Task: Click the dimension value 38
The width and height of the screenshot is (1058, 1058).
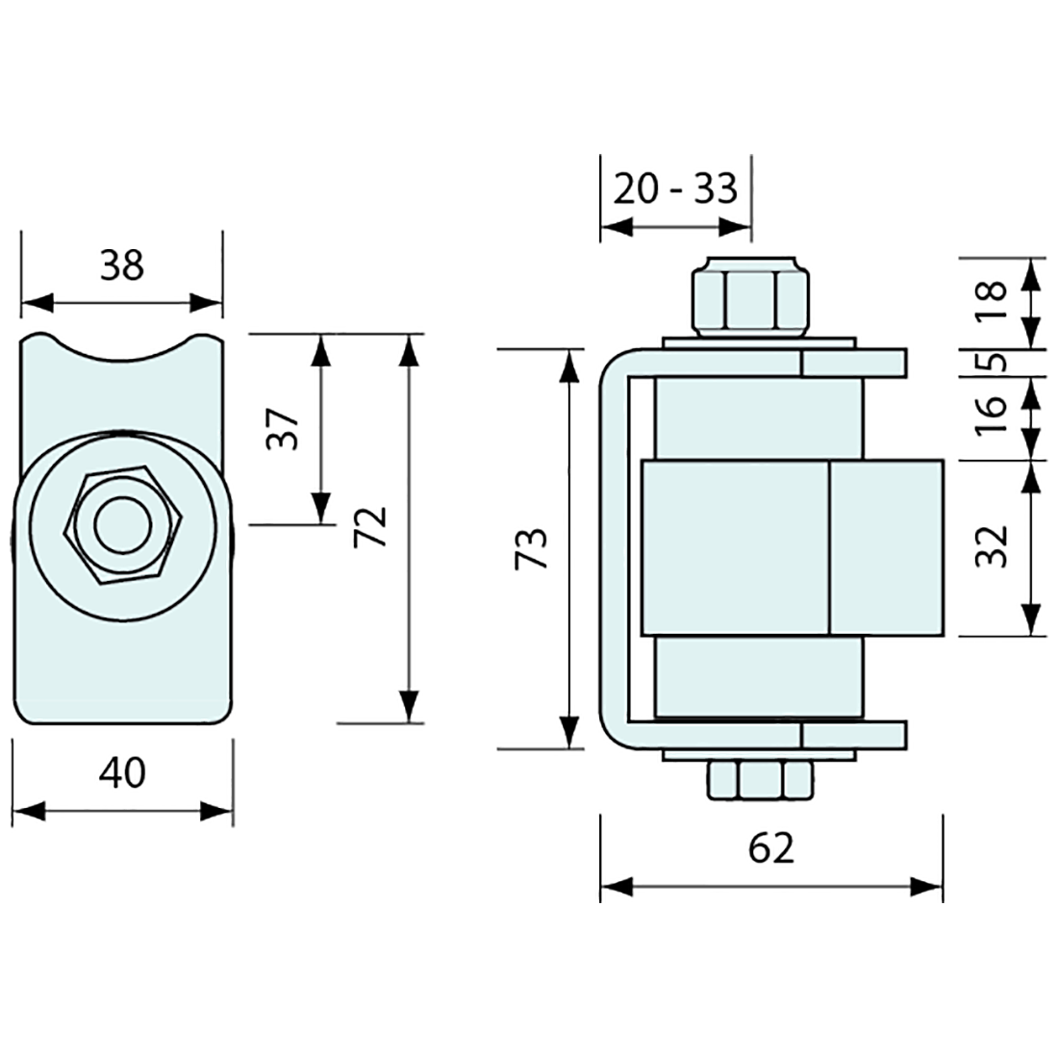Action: pos(121,264)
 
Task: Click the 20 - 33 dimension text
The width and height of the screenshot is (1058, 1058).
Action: pos(675,189)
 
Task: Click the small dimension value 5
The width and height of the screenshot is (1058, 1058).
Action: pos(996,362)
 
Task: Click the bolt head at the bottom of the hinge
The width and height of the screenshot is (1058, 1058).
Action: pos(761,780)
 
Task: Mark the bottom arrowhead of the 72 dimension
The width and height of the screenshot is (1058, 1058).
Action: pos(412,708)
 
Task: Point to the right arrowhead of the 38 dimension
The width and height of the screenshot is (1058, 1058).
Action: pos(210,304)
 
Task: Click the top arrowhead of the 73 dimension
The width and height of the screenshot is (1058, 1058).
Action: pos(571,362)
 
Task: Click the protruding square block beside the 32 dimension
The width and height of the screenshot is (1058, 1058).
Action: pos(885,547)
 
